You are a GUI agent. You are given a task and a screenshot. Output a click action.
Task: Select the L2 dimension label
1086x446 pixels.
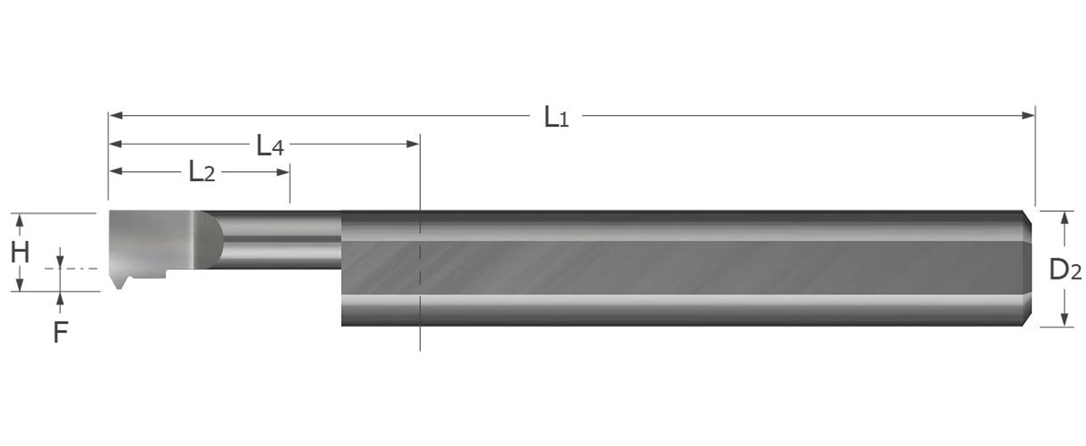(x=202, y=172)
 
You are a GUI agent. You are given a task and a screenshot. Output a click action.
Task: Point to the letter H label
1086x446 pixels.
(x=20, y=252)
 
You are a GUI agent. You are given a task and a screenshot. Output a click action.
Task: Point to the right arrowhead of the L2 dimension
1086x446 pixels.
(x=283, y=172)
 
